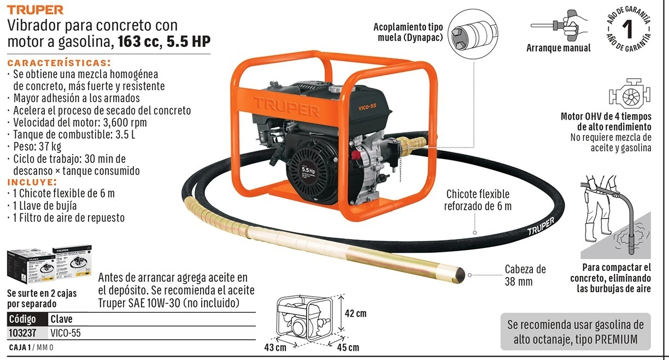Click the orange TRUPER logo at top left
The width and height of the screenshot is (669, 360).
(x=35, y=10)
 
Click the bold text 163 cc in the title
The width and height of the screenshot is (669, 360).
(x=138, y=41)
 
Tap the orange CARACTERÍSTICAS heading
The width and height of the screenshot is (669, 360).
(x=59, y=63)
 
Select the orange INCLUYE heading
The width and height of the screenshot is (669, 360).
(x=32, y=182)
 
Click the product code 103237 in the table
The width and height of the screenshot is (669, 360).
(x=22, y=333)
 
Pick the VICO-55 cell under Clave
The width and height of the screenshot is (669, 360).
(x=66, y=333)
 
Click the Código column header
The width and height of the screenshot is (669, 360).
(x=22, y=319)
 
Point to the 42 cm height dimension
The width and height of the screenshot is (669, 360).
(x=355, y=314)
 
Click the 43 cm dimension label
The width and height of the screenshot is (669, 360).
(x=275, y=347)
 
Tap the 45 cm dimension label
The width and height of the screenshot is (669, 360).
(x=348, y=347)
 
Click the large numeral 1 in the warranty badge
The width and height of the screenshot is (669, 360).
(x=627, y=29)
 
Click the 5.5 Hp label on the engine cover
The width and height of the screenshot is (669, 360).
(x=308, y=170)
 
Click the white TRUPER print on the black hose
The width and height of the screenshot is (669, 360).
(x=541, y=226)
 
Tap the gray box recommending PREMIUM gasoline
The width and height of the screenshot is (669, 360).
(x=576, y=332)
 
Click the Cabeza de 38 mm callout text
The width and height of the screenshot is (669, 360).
(x=525, y=275)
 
